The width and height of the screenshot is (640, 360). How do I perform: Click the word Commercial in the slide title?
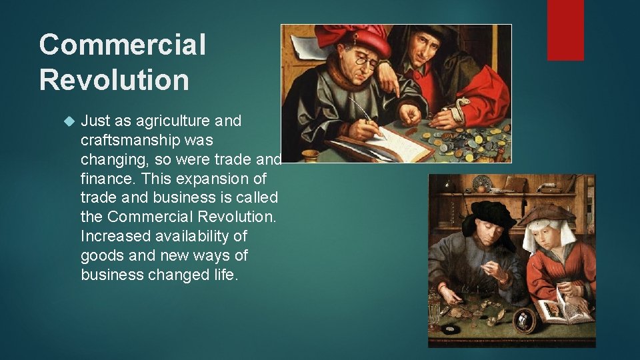coord(122,45)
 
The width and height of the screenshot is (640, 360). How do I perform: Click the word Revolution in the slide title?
coord(114,80)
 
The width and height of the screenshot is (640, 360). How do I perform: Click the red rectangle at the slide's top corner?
coord(565,29)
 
